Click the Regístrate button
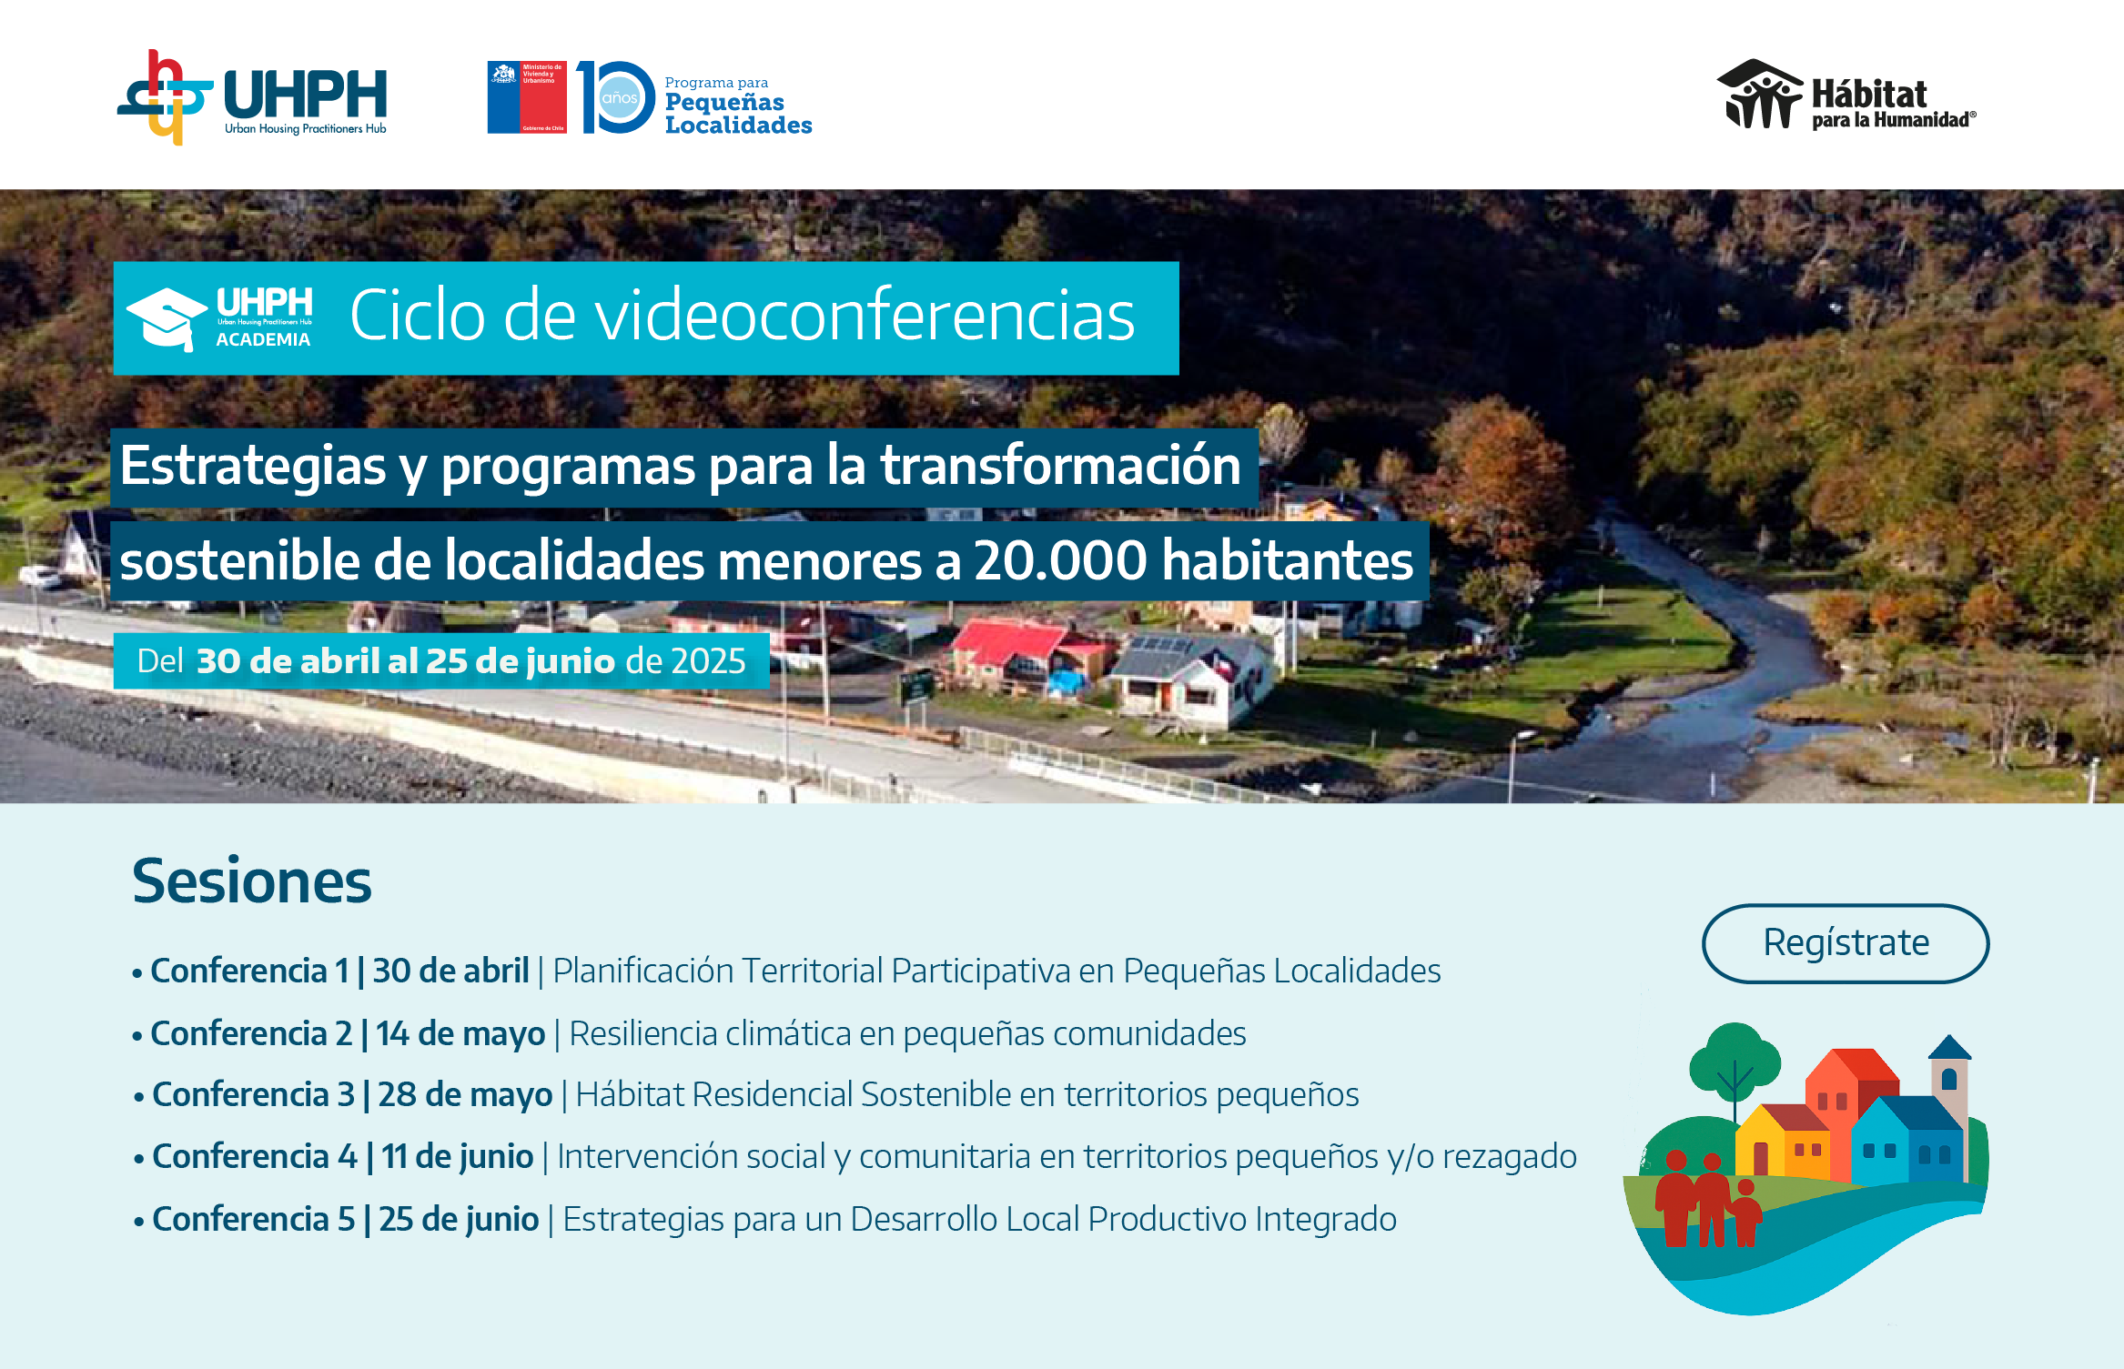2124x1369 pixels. point(1845,943)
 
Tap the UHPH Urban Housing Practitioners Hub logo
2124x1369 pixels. point(252,97)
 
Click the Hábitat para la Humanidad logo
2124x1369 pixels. point(1846,95)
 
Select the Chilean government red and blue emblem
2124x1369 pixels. point(527,97)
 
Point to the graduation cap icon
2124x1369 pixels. point(167,318)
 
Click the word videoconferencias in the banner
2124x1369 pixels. point(819,316)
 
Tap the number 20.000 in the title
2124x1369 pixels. point(1060,560)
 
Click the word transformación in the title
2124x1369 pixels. point(1060,465)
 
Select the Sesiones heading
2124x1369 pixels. point(252,881)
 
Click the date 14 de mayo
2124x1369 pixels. point(460,1034)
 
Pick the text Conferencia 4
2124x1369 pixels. point(255,1156)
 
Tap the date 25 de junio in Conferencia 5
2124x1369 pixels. point(459,1219)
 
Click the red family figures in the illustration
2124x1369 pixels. point(1707,1198)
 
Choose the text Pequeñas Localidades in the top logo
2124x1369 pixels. point(738,114)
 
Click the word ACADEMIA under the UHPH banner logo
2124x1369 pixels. point(263,339)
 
